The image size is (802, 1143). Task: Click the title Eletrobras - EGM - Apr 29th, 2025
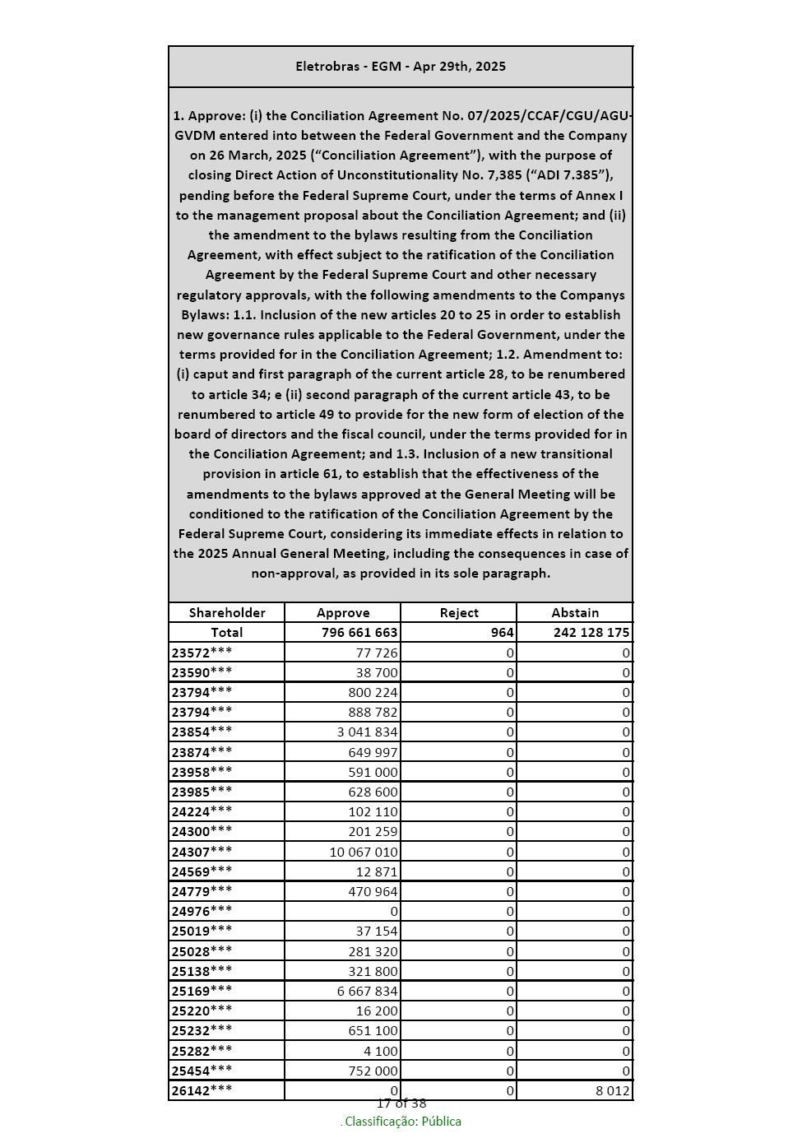click(401, 67)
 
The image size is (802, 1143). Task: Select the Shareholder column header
click(227, 612)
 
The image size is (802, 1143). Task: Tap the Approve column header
click(343, 612)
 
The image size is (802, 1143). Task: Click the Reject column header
click(459, 612)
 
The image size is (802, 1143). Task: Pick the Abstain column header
click(575, 612)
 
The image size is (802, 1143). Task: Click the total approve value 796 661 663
click(359, 632)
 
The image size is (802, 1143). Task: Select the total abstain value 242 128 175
click(580, 632)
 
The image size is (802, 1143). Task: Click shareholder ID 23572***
click(202, 653)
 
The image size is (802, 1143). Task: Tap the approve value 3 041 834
click(367, 732)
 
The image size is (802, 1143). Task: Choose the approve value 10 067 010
click(364, 852)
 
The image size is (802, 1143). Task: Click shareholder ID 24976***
click(202, 911)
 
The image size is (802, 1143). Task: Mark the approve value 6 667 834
click(367, 991)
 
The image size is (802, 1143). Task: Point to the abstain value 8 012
click(613, 1090)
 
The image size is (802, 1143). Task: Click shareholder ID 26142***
click(202, 1090)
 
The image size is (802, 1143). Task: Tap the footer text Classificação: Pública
click(402, 1122)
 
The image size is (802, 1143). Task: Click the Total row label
click(227, 632)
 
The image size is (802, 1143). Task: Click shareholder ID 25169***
click(202, 991)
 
